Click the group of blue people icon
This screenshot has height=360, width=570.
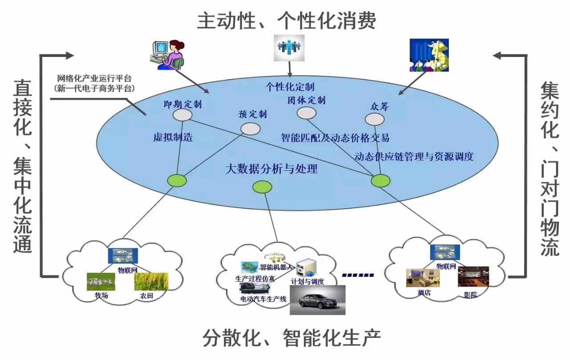(x=289, y=48)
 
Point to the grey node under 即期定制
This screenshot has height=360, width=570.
(x=183, y=115)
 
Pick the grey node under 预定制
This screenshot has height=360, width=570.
(x=250, y=129)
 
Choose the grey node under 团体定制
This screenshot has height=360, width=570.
(x=306, y=113)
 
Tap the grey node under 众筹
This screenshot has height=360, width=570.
(x=375, y=119)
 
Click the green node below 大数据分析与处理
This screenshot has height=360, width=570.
(x=262, y=187)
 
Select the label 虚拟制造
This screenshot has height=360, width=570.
(x=173, y=138)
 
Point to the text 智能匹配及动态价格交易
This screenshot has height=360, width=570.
(x=335, y=138)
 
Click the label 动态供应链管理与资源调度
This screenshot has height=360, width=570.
(x=414, y=157)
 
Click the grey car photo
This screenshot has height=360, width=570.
(x=318, y=299)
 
